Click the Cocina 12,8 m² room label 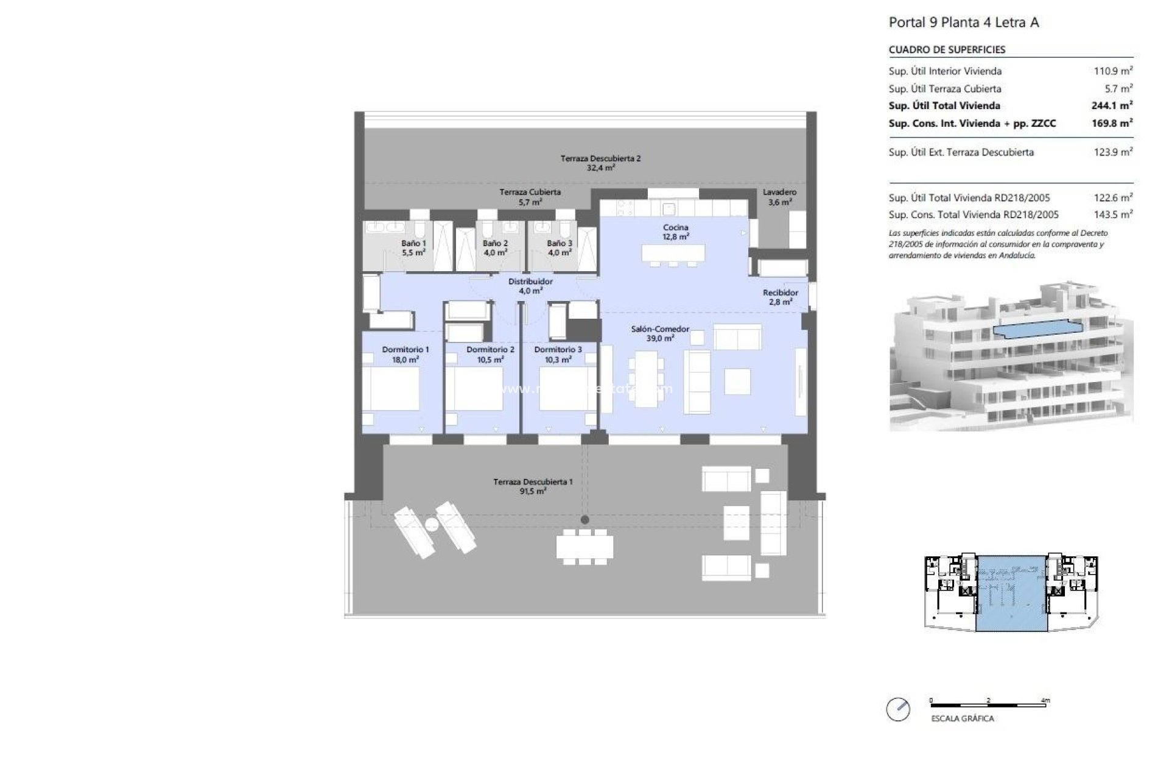(x=676, y=232)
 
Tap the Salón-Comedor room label (x=660, y=333)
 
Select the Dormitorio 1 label (x=405, y=354)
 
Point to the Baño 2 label (x=495, y=247)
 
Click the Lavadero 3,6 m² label (x=779, y=197)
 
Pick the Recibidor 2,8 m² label (x=780, y=297)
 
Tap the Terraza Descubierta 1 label (x=533, y=486)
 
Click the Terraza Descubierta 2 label (x=600, y=163)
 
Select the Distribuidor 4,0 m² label (x=530, y=286)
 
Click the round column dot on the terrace (x=584, y=520)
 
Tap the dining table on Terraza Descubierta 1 (x=584, y=546)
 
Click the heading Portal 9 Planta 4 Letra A (x=964, y=23)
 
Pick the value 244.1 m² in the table (x=1112, y=105)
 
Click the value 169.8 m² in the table (x=1112, y=123)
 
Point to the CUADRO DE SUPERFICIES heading (x=947, y=50)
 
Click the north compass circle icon (x=898, y=710)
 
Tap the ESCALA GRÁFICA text (x=962, y=718)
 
